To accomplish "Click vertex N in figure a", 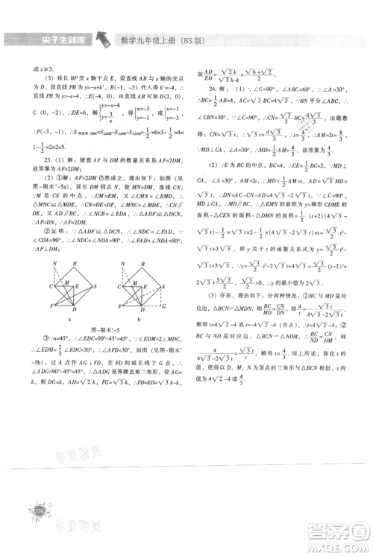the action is [53, 265].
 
